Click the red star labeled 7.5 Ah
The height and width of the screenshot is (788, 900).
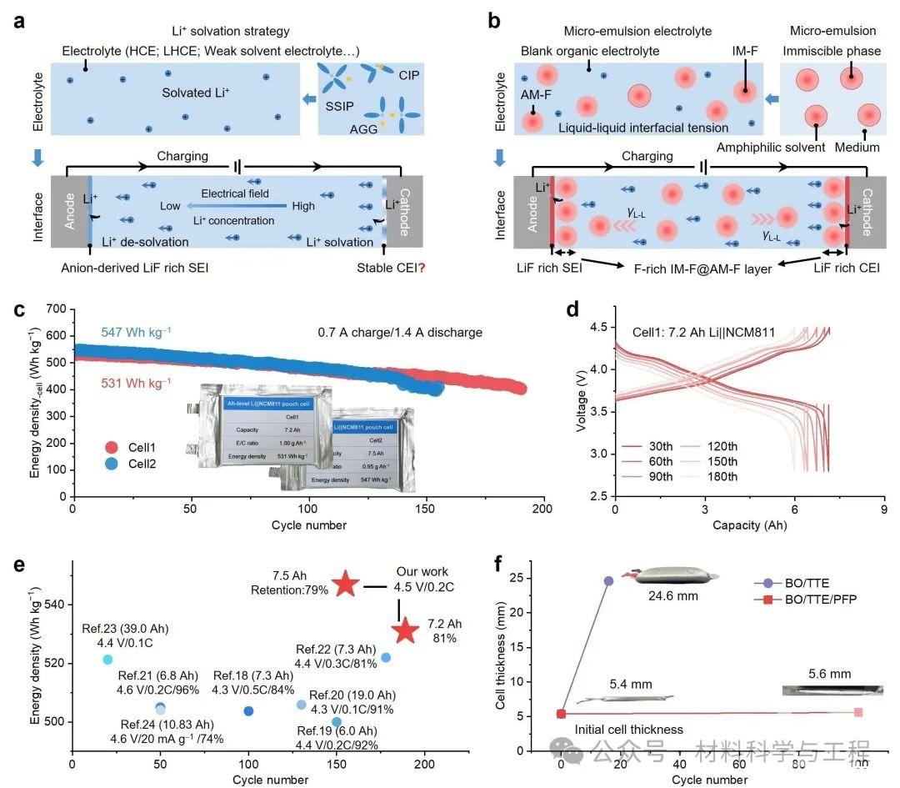tap(346, 585)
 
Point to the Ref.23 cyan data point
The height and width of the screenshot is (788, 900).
tap(107, 660)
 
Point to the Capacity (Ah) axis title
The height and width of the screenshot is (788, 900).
tap(749, 525)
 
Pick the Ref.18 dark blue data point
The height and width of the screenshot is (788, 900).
tap(248, 711)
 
